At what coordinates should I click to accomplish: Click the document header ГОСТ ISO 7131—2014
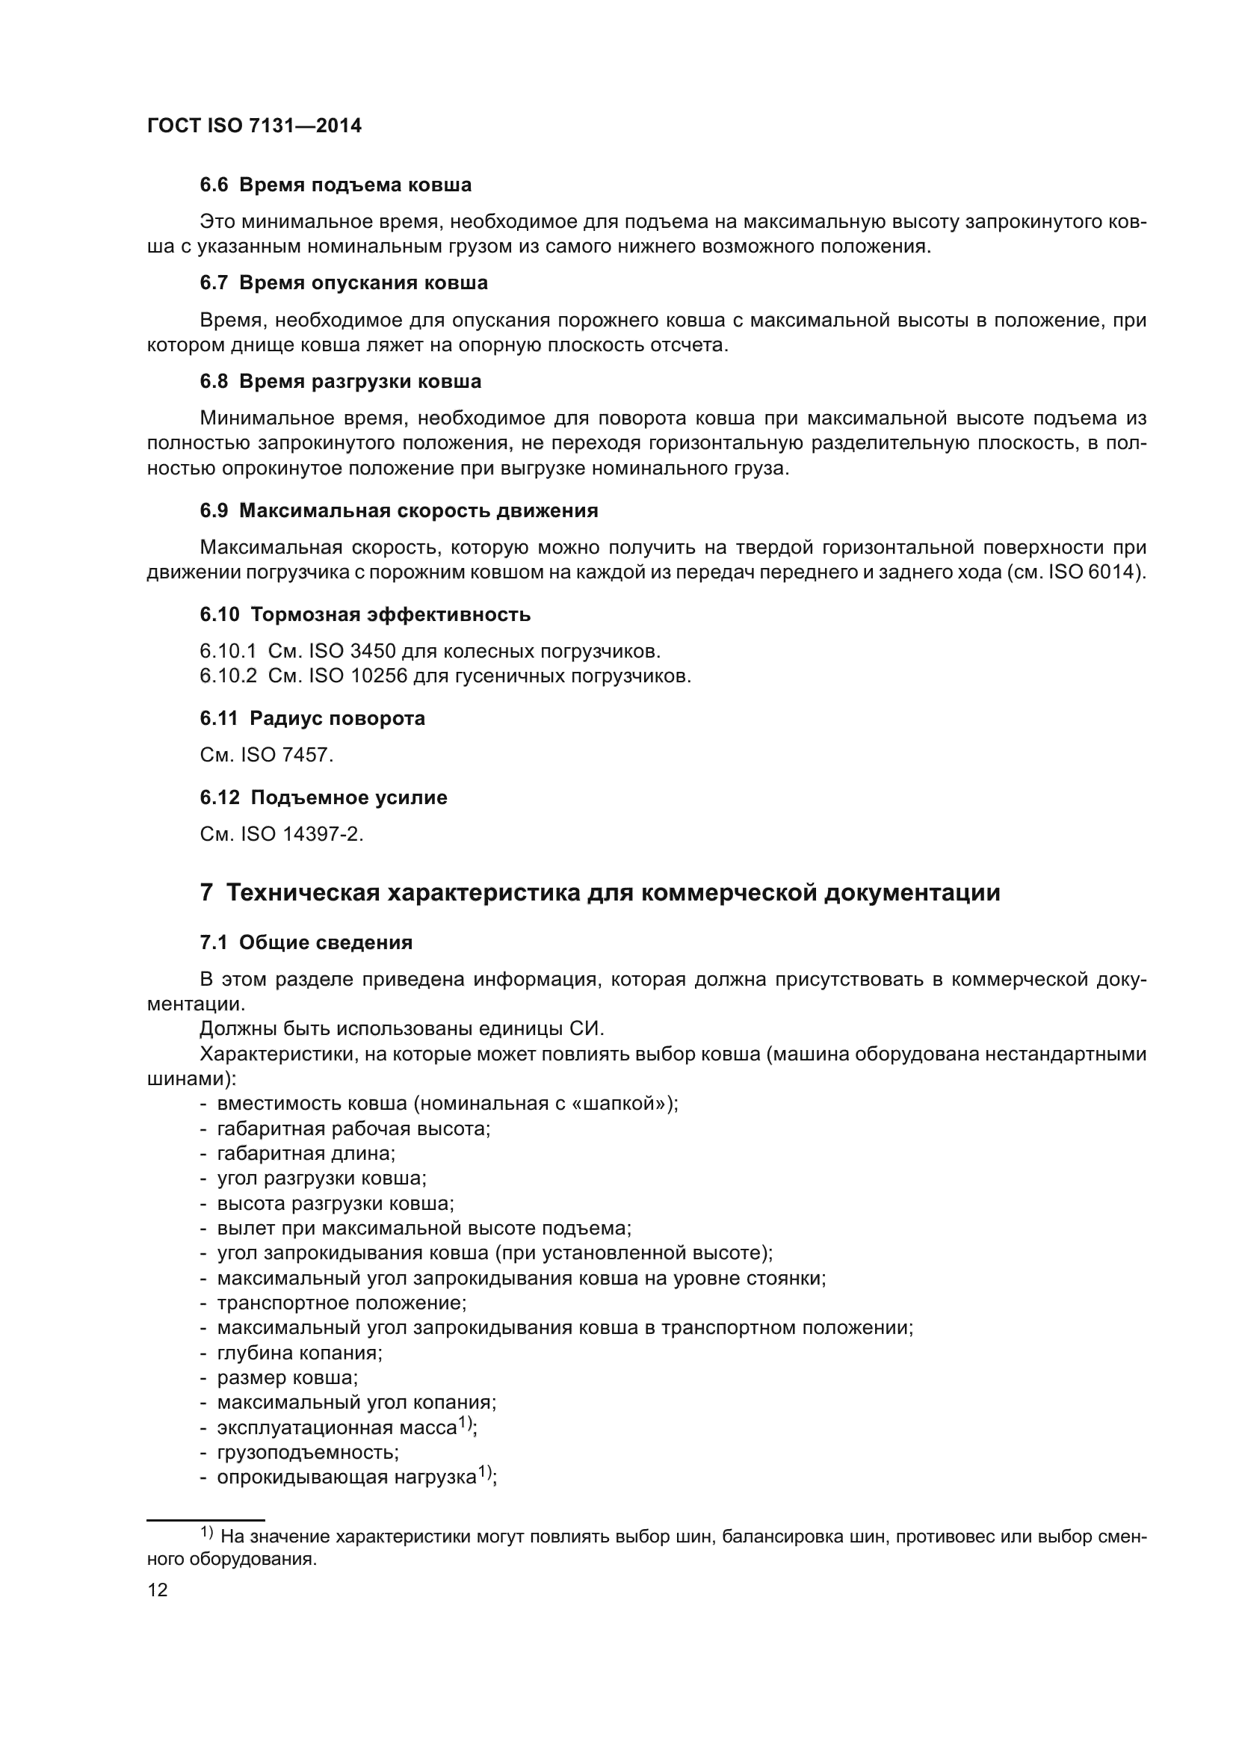point(254,126)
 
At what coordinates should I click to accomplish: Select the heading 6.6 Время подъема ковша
point(336,185)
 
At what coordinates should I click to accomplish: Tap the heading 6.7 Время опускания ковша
point(343,283)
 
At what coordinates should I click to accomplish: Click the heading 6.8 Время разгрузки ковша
point(340,381)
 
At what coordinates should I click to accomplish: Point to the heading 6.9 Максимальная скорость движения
point(399,511)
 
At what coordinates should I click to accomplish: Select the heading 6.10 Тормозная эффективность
point(365,614)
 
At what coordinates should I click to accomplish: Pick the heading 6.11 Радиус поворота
point(312,719)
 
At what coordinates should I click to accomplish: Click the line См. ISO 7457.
point(266,756)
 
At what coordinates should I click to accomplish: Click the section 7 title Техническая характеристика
point(600,892)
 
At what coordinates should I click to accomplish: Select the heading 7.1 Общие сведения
point(306,942)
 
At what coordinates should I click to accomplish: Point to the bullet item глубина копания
point(299,1353)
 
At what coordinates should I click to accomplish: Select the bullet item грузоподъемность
point(307,1453)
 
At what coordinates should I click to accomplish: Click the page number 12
point(158,1590)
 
